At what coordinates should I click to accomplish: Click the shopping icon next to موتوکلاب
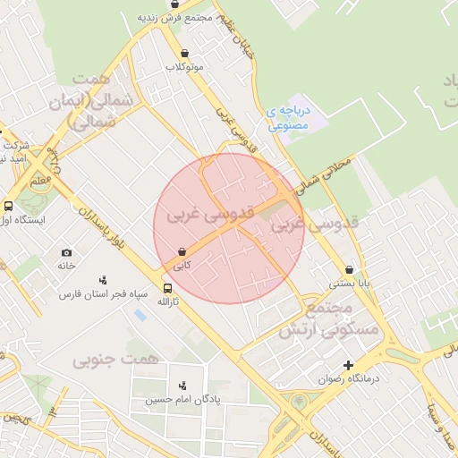[184, 53]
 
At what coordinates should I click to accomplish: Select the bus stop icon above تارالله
[167, 288]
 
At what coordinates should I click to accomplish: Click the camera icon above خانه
[67, 253]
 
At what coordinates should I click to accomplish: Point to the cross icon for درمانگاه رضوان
[348, 365]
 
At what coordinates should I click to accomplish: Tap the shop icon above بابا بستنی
[349, 269]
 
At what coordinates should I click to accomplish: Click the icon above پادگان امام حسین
[183, 385]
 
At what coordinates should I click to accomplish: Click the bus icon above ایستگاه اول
[8, 205]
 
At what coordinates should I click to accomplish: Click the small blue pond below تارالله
[139, 316]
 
